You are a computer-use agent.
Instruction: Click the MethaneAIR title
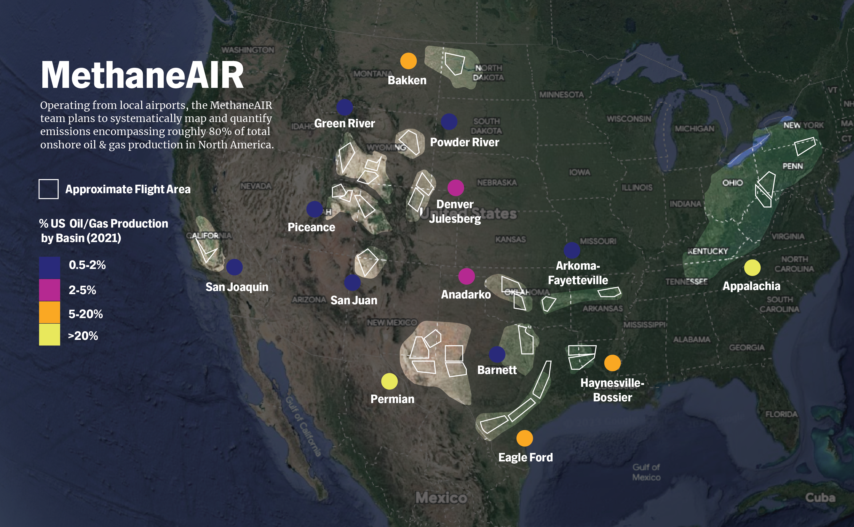[142, 75]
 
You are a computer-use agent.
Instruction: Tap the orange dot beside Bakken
[408, 61]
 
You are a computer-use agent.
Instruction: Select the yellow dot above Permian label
[389, 381]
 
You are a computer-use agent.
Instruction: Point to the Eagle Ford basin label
[525, 457]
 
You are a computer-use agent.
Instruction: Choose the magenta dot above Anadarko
[466, 276]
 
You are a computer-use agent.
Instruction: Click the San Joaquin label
[237, 287]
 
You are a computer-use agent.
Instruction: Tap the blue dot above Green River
[344, 107]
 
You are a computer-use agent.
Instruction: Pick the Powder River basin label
[464, 142]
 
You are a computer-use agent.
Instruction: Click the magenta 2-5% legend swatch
[49, 290]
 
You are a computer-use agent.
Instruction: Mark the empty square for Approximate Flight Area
[48, 189]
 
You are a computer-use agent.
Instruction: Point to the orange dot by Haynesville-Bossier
[612, 363]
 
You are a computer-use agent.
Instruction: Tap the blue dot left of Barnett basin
[497, 354]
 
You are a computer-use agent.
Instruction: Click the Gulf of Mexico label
[646, 472]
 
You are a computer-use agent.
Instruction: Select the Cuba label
[820, 497]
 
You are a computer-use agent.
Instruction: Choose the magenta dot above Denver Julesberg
[456, 188]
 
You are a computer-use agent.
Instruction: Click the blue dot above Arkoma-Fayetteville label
[572, 250]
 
